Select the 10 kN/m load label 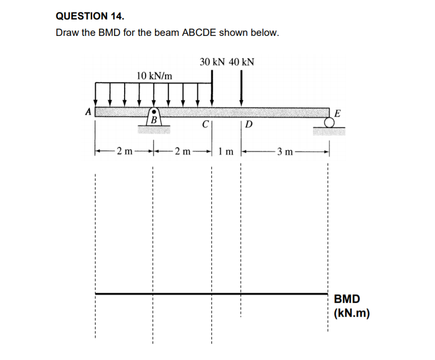(154, 76)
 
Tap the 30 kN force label (212, 62)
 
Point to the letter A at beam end (88, 112)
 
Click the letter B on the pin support (154, 120)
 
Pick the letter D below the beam (249, 123)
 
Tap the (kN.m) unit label (352, 314)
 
